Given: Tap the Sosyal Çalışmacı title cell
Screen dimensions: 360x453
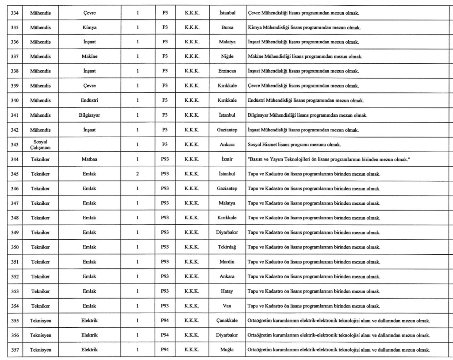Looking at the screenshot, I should click(40, 144).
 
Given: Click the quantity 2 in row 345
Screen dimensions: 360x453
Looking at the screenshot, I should click(138, 174).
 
